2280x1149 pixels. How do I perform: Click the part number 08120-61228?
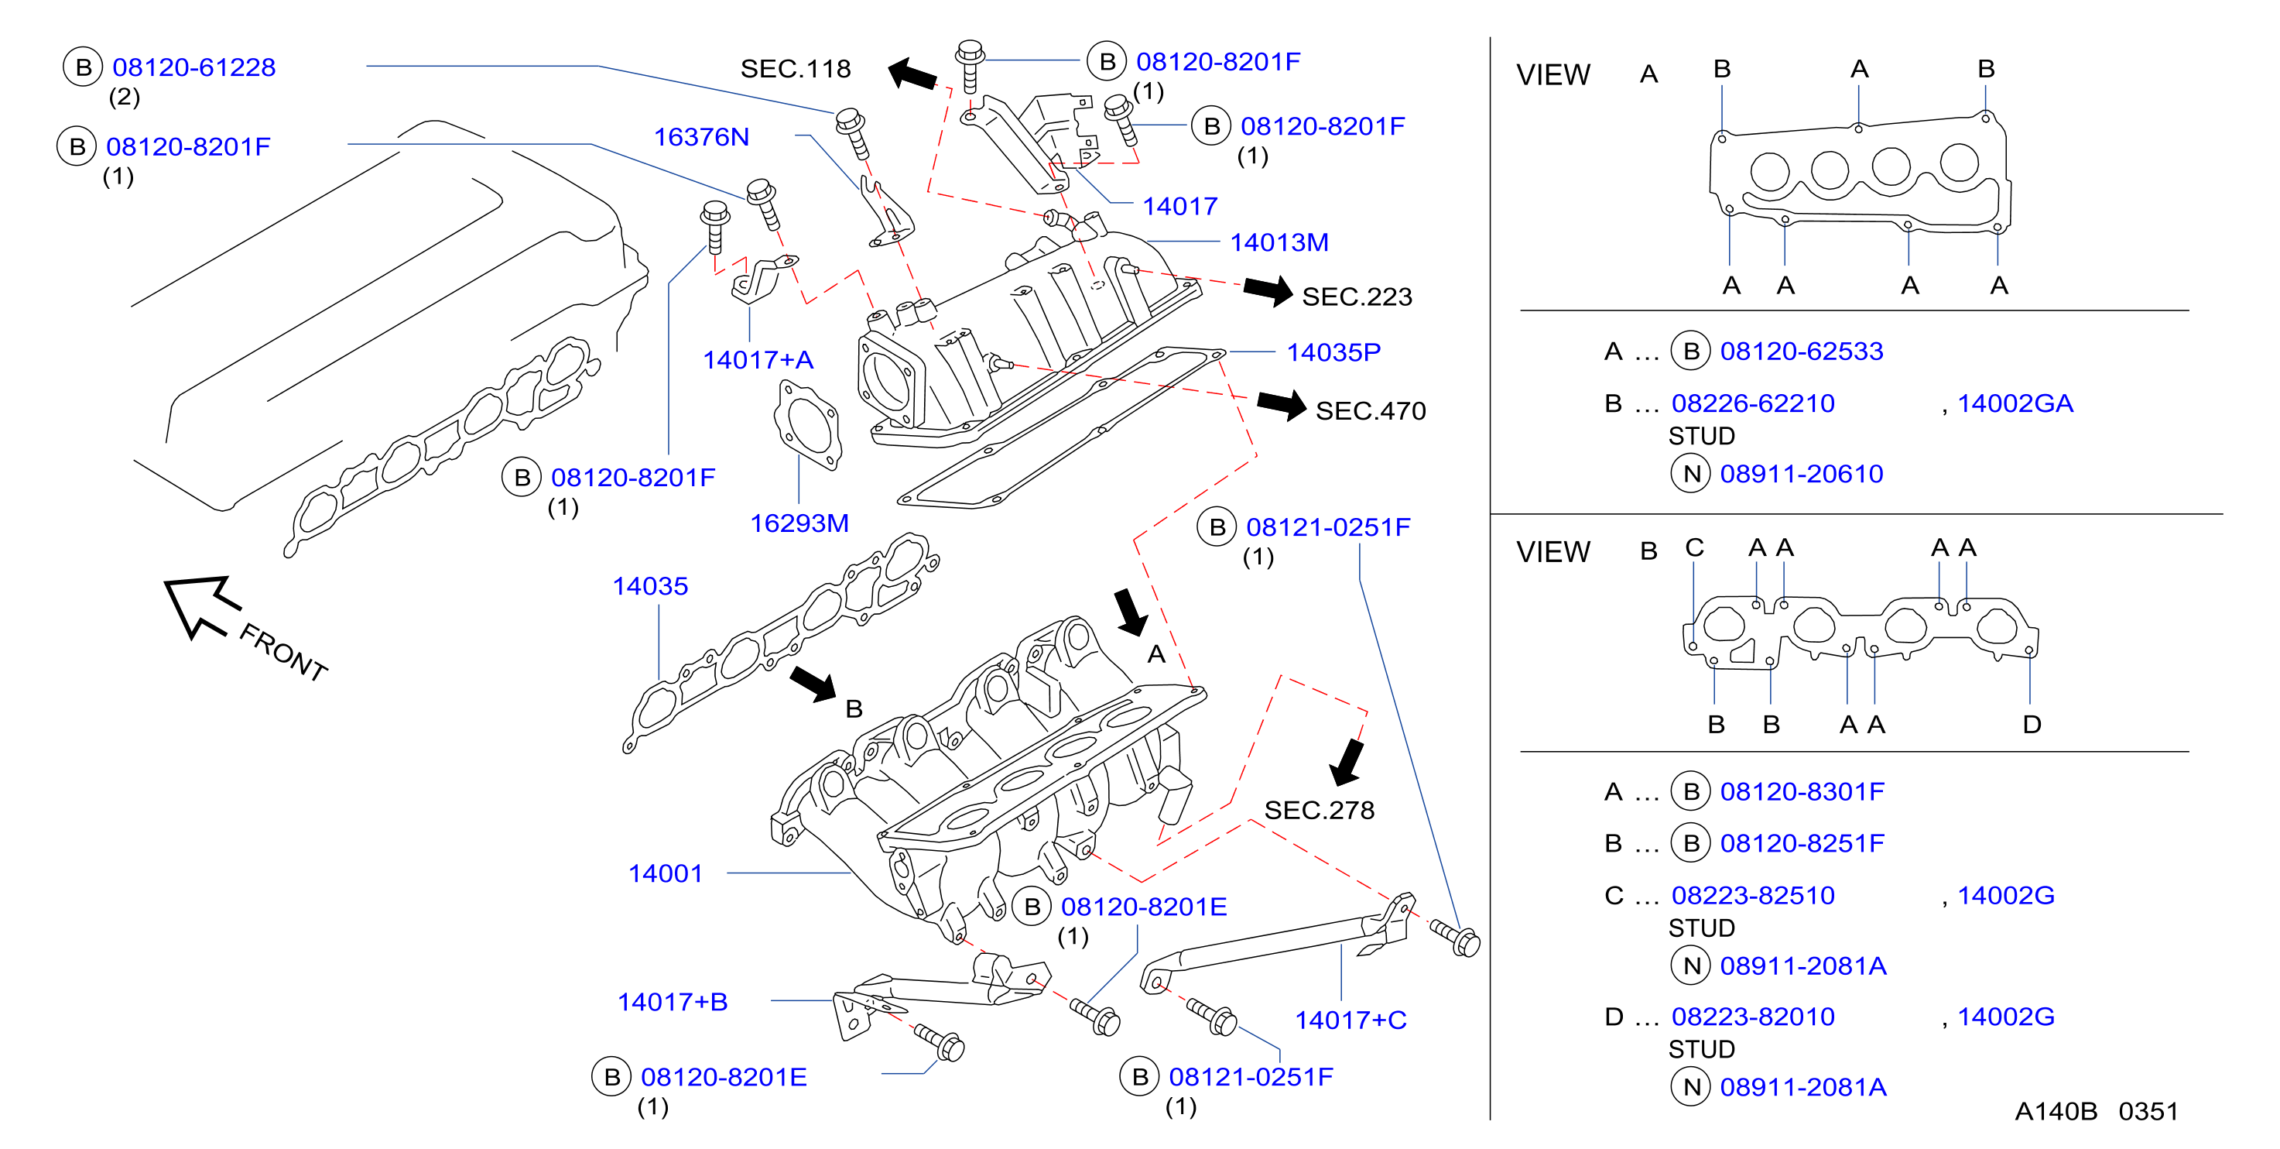point(193,67)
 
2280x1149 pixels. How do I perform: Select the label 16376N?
point(701,137)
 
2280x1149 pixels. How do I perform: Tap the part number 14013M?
point(1279,242)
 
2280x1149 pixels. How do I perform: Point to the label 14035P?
point(1333,352)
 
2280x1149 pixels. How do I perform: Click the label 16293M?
point(799,523)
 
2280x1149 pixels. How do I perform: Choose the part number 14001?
point(665,873)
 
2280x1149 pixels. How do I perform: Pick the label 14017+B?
point(672,1002)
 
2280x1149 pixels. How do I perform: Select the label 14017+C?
point(1351,1020)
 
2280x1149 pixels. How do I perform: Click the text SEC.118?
point(795,69)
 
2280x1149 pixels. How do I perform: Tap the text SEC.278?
point(1319,810)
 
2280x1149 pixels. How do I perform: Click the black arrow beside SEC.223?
point(1268,290)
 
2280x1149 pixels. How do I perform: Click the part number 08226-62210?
point(1752,403)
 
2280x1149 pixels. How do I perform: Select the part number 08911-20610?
point(1801,475)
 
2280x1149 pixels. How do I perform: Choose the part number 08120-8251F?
point(1802,844)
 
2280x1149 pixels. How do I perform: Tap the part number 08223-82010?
point(1752,1017)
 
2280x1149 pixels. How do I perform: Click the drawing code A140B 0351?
point(2096,1112)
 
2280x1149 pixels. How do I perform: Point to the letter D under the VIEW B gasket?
point(2032,725)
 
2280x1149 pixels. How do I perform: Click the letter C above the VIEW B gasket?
point(1694,548)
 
